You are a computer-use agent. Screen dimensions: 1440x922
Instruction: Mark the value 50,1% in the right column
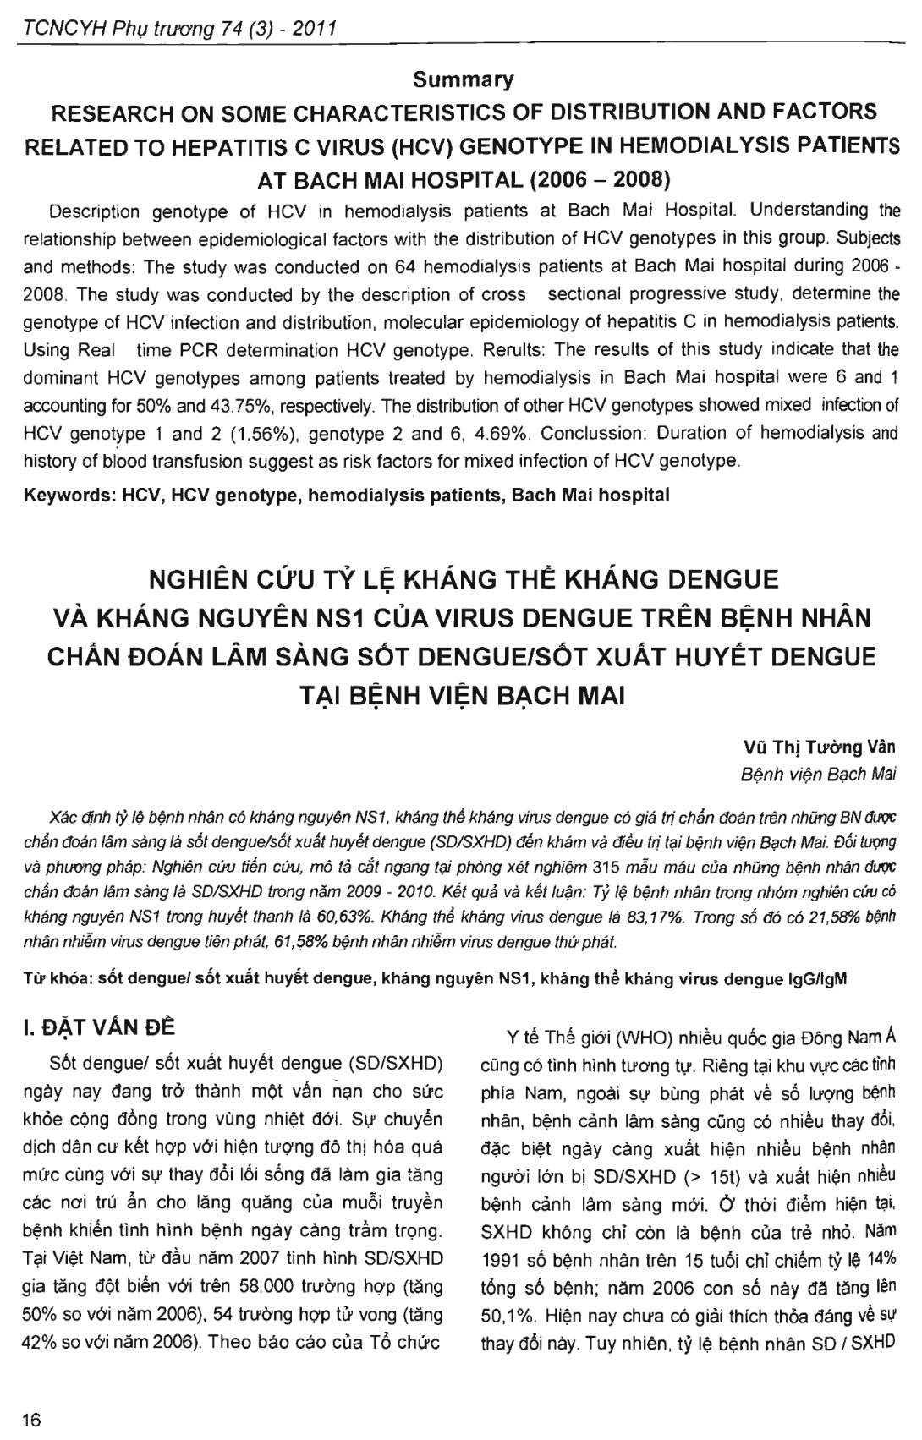tap(508, 1317)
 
